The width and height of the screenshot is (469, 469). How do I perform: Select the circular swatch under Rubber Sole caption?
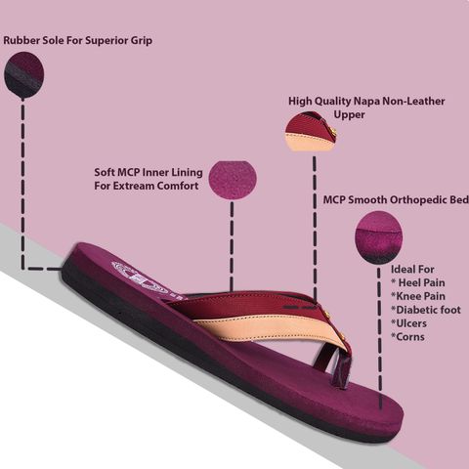coord(24,74)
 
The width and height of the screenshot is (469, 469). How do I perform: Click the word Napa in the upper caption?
coord(366,102)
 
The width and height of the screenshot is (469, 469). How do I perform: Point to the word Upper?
coord(349,115)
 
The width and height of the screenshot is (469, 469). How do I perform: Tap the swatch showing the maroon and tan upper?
coord(311,131)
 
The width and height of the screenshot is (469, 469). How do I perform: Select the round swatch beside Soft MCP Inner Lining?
coord(233,180)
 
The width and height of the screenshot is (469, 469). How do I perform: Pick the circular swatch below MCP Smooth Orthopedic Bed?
coord(378,237)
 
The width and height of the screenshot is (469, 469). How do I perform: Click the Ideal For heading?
coord(412,270)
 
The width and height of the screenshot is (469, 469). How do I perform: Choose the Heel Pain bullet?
coord(418,282)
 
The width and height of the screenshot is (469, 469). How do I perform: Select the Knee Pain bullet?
coord(418,296)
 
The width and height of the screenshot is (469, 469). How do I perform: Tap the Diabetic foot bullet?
coord(426,310)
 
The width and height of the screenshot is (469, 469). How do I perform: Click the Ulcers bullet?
coord(408,323)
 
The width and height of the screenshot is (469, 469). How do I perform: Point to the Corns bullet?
coord(407,337)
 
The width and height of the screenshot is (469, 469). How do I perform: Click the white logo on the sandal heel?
coord(140,278)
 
